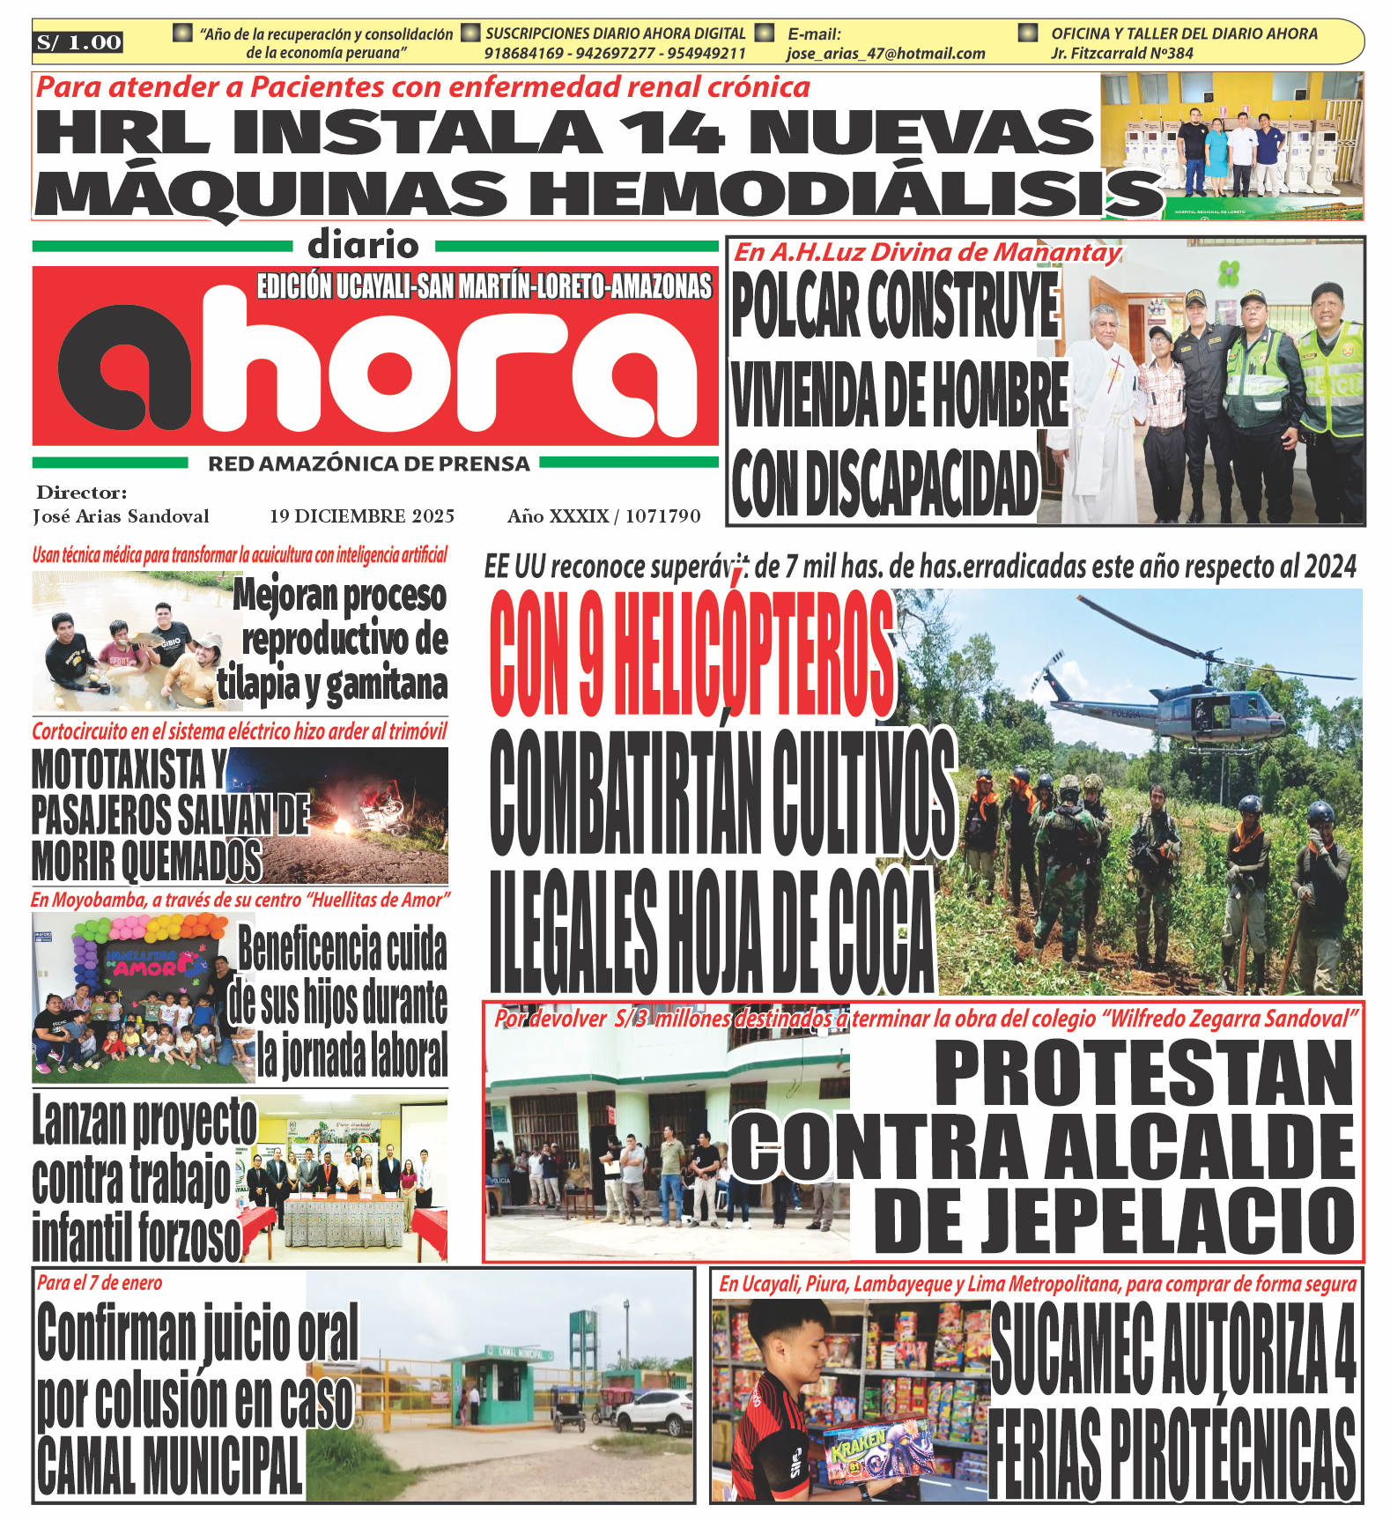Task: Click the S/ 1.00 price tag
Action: pos(78,42)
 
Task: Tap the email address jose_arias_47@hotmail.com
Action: pos(885,54)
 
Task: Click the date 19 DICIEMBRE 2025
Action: pos(362,516)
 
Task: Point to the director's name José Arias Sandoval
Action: pos(121,516)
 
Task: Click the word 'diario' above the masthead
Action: pos(363,246)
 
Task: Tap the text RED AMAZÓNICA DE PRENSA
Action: pos(368,463)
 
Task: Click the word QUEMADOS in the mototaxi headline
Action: pos(191,861)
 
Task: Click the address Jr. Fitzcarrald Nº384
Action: pos(1121,54)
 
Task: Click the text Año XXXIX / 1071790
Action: pos(603,516)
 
